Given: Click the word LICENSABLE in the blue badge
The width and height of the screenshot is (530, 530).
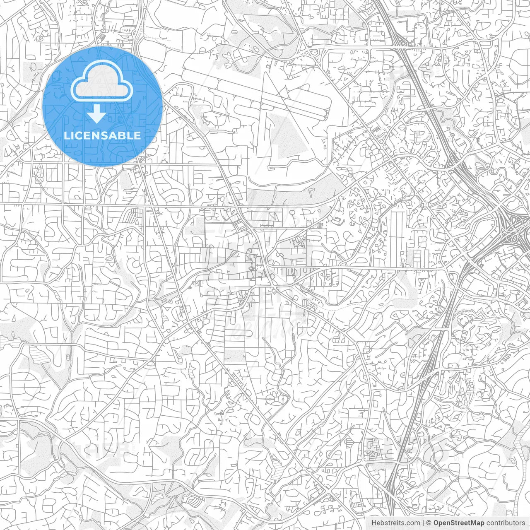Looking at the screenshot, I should pyautogui.click(x=102, y=135).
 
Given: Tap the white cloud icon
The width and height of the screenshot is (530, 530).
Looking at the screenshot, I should pyautogui.click(x=102, y=83).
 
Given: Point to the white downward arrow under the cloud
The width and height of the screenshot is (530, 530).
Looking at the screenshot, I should pyautogui.click(x=97, y=114).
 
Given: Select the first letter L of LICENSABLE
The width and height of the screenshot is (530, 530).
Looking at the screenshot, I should pyautogui.click(x=67, y=135).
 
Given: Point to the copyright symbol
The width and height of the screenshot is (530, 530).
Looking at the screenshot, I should pyautogui.click(x=429, y=523).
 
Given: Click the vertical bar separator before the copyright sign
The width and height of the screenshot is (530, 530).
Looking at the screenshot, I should pyautogui.click(x=423, y=523).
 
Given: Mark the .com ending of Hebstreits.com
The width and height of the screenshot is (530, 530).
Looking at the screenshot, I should pyautogui.click(x=413, y=523).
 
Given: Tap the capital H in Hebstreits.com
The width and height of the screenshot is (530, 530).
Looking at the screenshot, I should pyautogui.click(x=374, y=523).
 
